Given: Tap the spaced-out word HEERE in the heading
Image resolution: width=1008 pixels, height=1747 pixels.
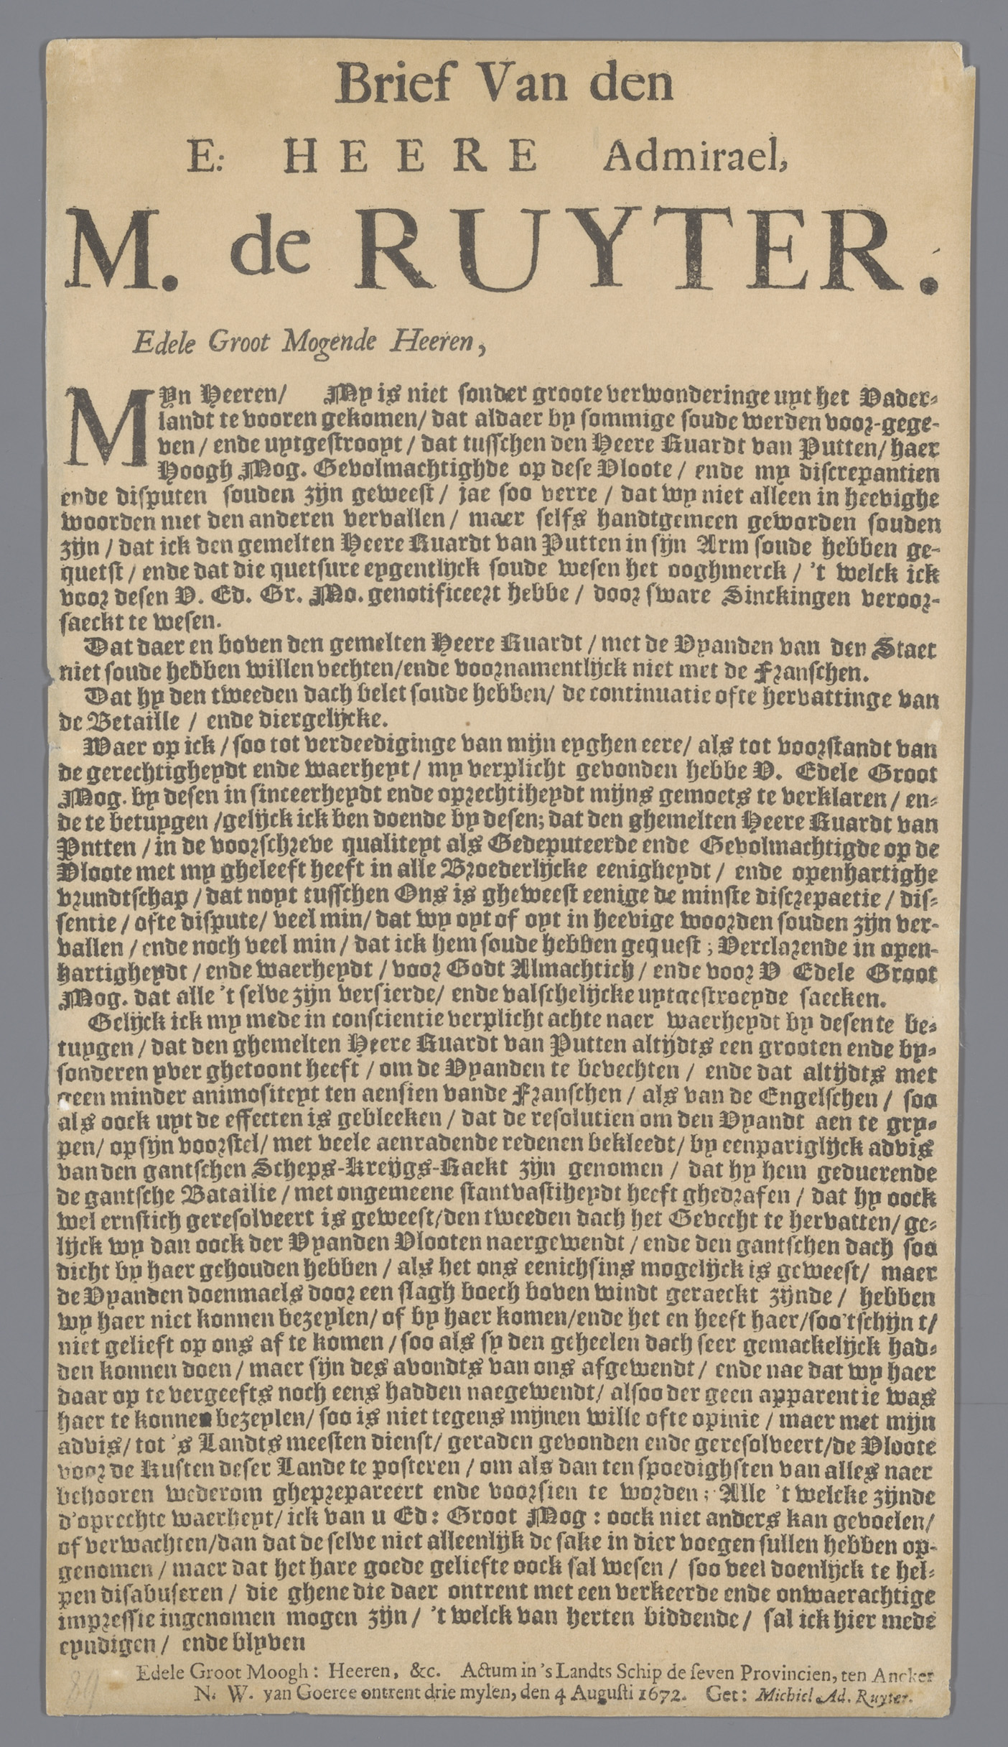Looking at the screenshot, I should click(x=410, y=155).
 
